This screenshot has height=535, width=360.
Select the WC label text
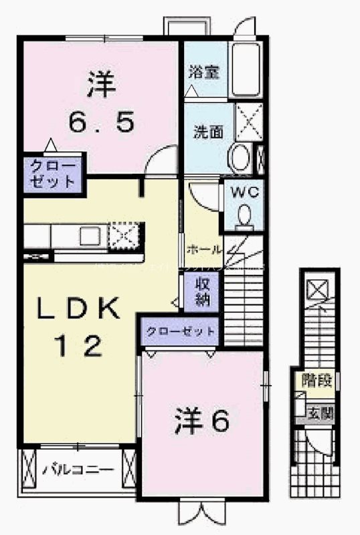[244, 192]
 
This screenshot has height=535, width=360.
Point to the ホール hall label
[204, 249]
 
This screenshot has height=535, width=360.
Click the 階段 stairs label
[317, 382]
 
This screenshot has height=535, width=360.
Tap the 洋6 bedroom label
[203, 420]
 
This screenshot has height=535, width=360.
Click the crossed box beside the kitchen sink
[124, 235]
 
